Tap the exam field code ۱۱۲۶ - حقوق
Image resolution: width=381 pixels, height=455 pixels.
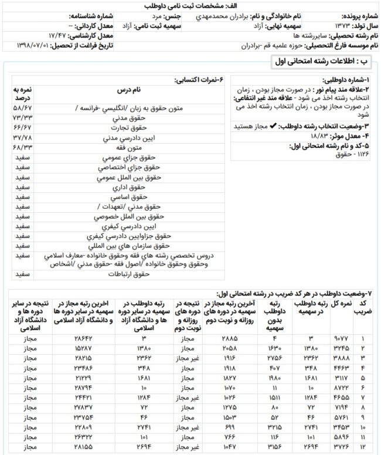coord(355,154)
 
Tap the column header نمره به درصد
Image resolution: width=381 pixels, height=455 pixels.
coord(23,92)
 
